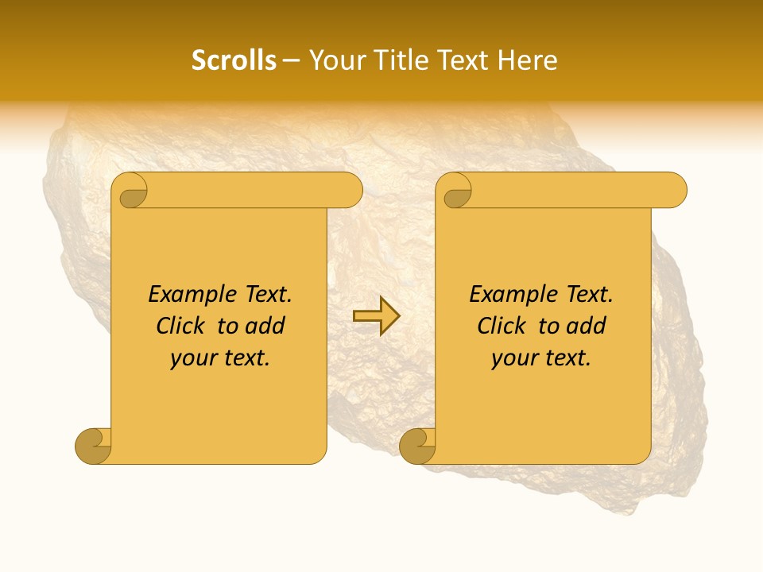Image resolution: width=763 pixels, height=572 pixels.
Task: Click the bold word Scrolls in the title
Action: click(x=234, y=60)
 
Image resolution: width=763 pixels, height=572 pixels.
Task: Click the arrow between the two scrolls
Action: click(x=376, y=315)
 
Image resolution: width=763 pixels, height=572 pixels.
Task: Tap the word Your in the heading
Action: click(x=334, y=60)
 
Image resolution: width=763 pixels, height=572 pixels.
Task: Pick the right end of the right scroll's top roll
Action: click(x=677, y=191)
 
